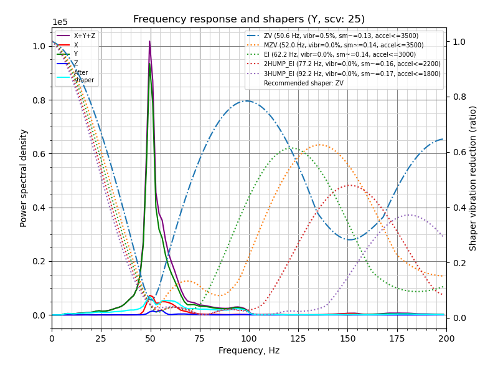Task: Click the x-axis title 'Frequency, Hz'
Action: [x=249, y=350]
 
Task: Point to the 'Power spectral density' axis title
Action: [x=24, y=178]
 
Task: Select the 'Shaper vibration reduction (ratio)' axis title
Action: [x=473, y=178]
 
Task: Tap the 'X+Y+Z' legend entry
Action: [x=84, y=36]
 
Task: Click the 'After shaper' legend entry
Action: [x=83, y=76]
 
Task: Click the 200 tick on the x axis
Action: [x=446, y=338]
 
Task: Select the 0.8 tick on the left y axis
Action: [x=38, y=100]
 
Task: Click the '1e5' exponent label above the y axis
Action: [x=60, y=22]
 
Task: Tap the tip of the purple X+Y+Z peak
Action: [x=149, y=42]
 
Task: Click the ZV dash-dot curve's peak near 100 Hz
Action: [x=247, y=101]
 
